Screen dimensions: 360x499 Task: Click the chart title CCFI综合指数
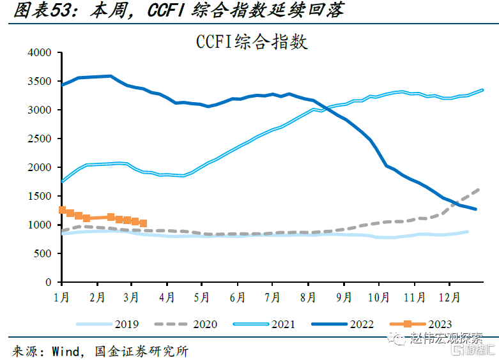tap(252, 42)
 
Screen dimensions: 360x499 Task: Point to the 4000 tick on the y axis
tap(40, 53)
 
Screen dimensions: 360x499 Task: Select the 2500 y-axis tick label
tap(40, 139)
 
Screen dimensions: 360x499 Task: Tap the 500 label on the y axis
tap(43, 253)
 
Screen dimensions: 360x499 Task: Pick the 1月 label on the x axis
tap(62, 297)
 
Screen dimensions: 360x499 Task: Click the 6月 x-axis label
tap(237, 297)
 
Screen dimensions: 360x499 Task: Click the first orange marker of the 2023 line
tap(62, 210)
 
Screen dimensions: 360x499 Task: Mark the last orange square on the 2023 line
tap(143, 223)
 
